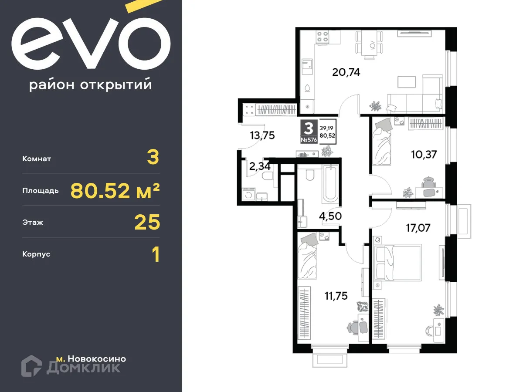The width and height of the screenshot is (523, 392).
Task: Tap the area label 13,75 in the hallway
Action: pyautogui.click(x=262, y=135)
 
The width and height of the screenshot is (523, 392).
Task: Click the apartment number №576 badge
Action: pyautogui.click(x=308, y=140)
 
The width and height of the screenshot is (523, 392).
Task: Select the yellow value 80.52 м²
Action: pyautogui.click(x=115, y=190)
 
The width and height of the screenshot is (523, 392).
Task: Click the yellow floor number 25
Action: pyautogui.click(x=147, y=222)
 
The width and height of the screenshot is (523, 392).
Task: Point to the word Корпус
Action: pyautogui.click(x=36, y=254)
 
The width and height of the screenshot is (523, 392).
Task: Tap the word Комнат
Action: pyautogui.click(x=37, y=159)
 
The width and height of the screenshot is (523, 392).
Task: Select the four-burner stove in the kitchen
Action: pyautogui.click(x=323, y=37)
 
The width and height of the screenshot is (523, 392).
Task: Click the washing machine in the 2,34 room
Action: pyautogui.click(x=249, y=194)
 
